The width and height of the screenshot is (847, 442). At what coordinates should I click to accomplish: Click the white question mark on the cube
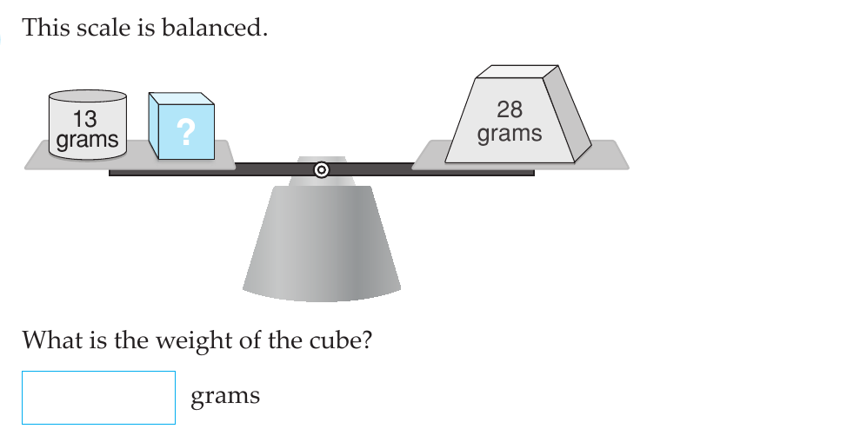pos(186,132)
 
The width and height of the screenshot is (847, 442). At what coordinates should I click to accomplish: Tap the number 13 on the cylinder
pos(85,119)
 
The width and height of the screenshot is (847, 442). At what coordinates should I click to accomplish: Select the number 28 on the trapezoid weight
pos(510,109)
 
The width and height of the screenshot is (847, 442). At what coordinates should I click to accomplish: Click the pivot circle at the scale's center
pos(322,170)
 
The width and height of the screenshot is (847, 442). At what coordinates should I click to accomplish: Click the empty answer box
pos(98,398)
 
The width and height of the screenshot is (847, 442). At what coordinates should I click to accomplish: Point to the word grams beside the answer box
pos(225,396)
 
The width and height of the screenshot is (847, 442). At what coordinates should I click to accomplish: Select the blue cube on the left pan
pos(182,126)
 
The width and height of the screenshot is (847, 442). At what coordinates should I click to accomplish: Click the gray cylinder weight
pos(88,125)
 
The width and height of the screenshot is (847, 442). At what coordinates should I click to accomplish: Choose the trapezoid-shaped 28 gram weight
pos(518,114)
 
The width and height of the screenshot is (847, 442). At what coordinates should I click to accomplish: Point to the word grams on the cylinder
pos(87,140)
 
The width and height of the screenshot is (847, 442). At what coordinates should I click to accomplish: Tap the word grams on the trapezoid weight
pos(510,134)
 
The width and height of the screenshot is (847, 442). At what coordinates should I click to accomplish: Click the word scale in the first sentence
pos(103,28)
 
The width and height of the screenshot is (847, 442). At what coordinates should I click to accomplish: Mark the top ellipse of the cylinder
pos(88,96)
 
